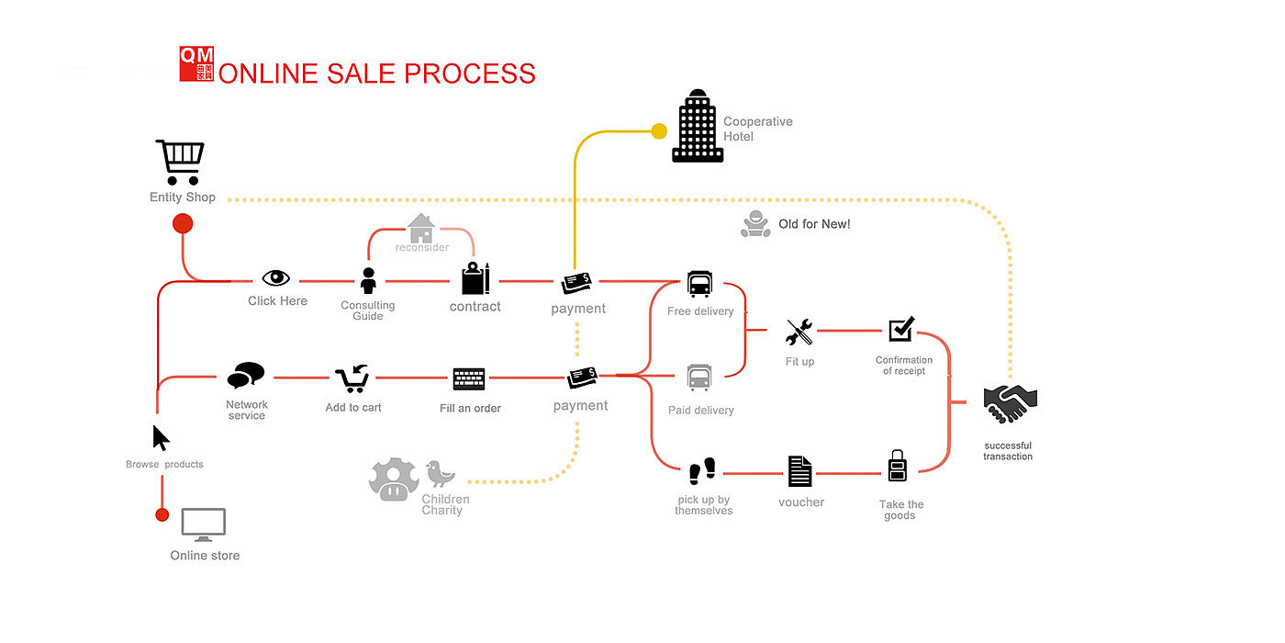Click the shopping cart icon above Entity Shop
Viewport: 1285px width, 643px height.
[180, 163]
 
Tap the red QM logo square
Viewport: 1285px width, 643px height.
[196, 64]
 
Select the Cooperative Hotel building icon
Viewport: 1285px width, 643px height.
[697, 127]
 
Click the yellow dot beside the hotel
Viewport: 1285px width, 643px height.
[659, 131]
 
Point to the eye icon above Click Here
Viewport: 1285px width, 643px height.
[275, 278]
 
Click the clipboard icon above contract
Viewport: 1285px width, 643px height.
[475, 278]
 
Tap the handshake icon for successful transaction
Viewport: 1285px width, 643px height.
[1010, 402]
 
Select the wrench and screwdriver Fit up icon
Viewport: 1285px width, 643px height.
[799, 332]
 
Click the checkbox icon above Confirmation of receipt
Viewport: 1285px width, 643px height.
[901, 329]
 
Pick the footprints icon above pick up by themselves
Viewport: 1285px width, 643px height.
[702, 472]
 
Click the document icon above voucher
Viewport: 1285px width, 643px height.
[799, 471]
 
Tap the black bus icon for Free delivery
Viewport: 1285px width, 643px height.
[698, 284]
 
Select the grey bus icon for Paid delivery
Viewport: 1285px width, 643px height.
[698, 378]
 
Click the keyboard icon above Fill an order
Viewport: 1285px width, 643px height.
[468, 378]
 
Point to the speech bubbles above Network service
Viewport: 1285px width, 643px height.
[245, 375]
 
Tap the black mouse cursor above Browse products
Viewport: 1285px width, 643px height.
[161, 438]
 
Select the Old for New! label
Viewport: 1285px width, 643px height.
[814, 224]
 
